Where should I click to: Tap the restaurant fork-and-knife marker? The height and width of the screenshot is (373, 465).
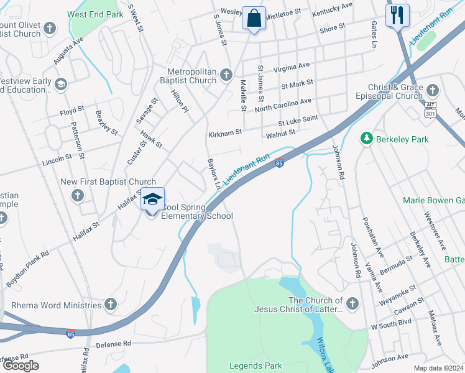click(x=397, y=16)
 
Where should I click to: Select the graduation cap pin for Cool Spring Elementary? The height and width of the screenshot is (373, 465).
click(x=152, y=199)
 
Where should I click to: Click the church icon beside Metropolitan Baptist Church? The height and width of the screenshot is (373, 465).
click(x=226, y=73)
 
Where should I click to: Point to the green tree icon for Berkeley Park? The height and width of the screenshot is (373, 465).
click(x=367, y=139)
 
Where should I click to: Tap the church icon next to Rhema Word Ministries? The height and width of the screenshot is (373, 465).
click(x=111, y=305)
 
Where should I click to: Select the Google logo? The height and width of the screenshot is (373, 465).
click(x=21, y=366)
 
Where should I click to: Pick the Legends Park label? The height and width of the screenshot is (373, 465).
click(x=256, y=366)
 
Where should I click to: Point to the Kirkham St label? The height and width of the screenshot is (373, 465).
click(x=225, y=133)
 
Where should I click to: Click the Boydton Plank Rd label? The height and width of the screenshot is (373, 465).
click(x=27, y=260)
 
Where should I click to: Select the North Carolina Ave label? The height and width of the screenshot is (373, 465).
click(x=283, y=104)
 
